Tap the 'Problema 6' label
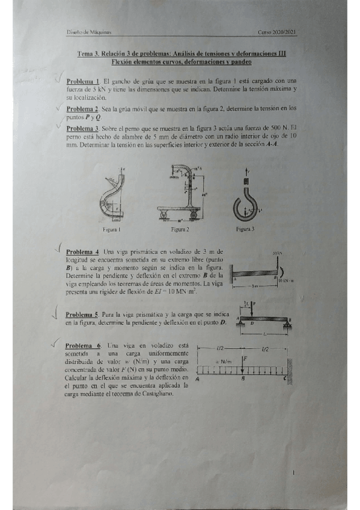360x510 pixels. (x=83, y=346)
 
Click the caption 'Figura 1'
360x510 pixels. (x=112, y=229)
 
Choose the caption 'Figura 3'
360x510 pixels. (x=245, y=229)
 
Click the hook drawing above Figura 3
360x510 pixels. (x=245, y=198)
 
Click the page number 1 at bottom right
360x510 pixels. (x=292, y=473)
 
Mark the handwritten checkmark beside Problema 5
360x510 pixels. (x=55, y=312)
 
